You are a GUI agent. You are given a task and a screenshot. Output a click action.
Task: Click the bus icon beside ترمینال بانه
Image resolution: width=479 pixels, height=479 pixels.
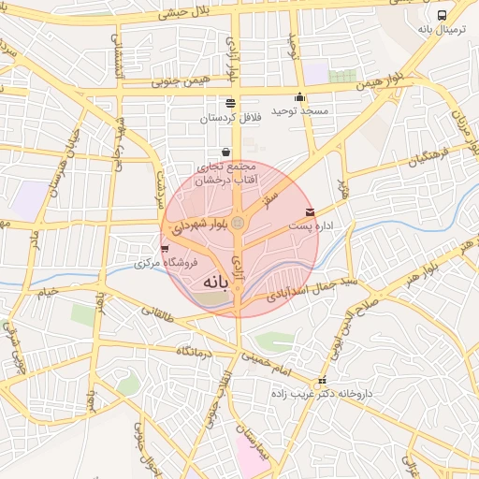(442, 15)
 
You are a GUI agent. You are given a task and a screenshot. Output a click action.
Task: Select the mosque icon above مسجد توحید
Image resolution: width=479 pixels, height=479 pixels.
(299, 96)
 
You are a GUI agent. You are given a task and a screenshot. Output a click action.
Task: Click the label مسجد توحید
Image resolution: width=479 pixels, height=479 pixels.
(300, 110)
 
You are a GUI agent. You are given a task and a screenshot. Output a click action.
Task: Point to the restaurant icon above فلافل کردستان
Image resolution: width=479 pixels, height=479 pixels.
(230, 103)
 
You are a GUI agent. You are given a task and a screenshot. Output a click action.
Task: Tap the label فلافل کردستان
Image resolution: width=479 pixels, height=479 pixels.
(227, 118)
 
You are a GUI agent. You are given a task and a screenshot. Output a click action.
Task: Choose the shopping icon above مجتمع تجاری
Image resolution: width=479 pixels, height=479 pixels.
(225, 152)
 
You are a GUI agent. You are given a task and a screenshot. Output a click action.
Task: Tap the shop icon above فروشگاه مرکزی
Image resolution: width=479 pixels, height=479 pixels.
(166, 249)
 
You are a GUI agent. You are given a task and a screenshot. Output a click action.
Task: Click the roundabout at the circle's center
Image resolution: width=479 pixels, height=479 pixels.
(239, 223)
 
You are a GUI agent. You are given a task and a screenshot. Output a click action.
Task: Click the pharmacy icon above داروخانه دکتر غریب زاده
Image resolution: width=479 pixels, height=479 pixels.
(323, 381)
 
